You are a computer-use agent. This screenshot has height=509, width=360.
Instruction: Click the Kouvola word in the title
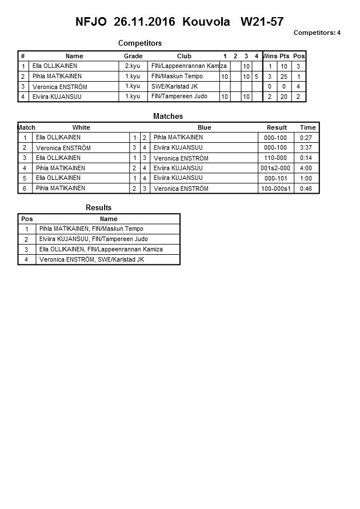coord(206,22)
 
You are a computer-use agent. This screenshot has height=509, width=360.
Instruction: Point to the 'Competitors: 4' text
coord(317,33)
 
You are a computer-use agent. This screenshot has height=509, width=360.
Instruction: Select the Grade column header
coord(133,56)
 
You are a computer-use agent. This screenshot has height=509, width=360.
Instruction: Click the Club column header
coord(184,56)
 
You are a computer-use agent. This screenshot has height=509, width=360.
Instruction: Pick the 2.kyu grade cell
coord(133,66)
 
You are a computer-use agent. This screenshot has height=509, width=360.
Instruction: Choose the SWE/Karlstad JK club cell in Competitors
coord(175,86)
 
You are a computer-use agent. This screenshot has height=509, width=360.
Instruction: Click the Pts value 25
coord(284,77)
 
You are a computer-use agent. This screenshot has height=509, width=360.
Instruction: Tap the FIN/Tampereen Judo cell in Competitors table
coord(179,97)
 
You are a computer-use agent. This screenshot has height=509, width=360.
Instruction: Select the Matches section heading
coord(168,116)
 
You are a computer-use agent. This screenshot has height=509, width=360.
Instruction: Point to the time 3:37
coord(307,147)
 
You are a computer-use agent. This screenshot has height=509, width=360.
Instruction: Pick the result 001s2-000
coord(275,168)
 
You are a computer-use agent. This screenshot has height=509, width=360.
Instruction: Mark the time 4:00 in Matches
coord(307,168)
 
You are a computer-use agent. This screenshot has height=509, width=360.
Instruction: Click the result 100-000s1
coord(276,189)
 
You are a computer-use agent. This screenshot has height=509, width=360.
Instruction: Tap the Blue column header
coord(204,127)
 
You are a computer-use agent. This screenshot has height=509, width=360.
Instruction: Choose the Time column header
coord(307,127)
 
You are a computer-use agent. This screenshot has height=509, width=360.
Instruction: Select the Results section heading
coord(98,207)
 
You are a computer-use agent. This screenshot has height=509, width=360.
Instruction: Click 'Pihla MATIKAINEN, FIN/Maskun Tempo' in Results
coord(91,229)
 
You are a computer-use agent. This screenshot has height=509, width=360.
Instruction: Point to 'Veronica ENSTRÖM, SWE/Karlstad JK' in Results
coord(91,260)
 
